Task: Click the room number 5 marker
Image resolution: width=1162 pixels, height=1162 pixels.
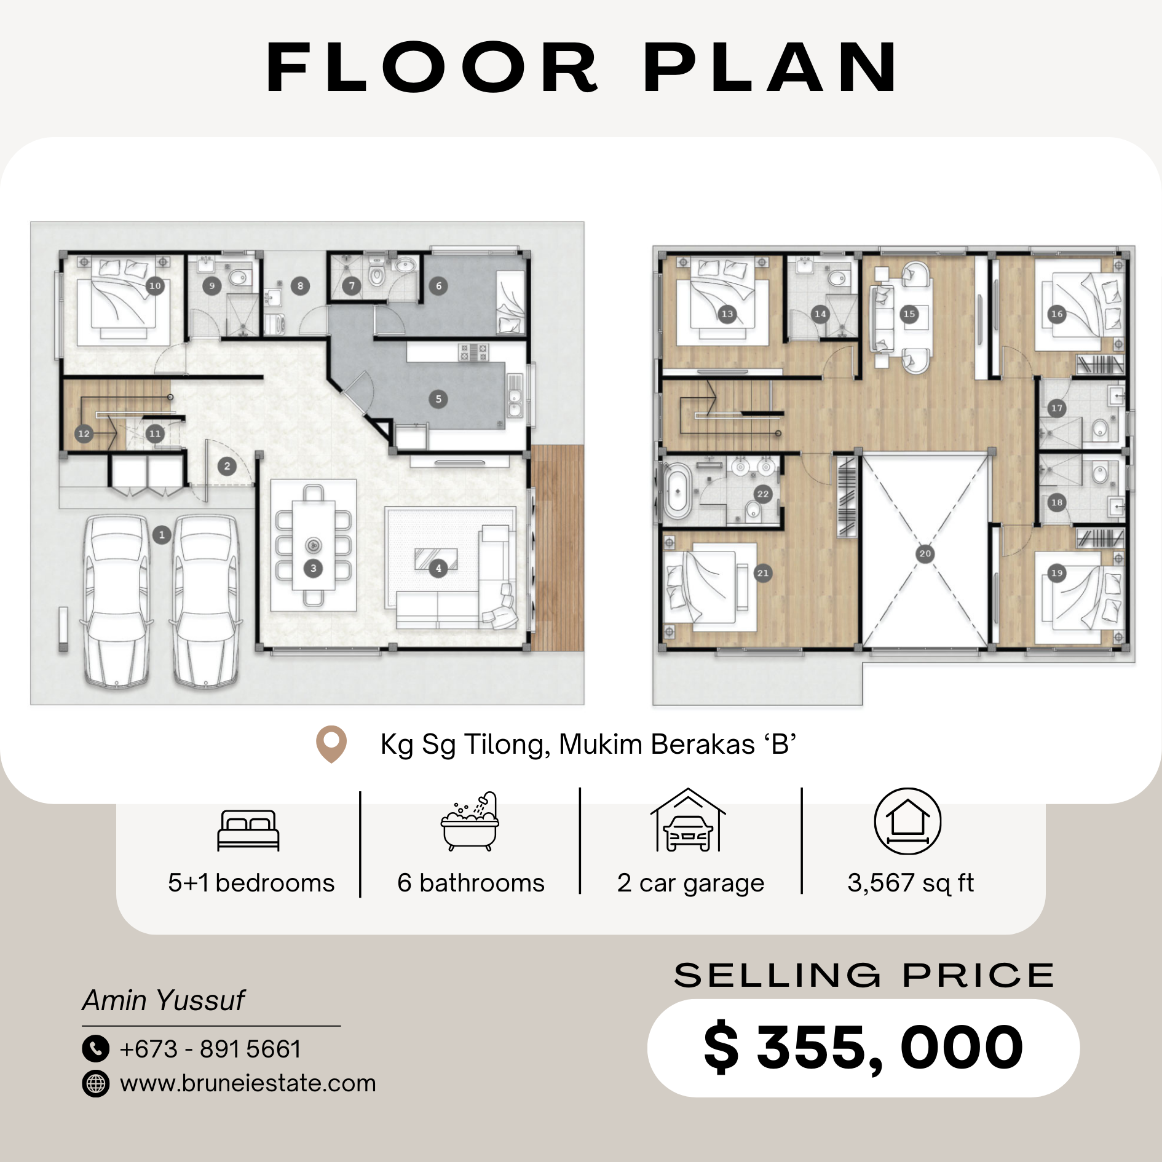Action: click(438, 399)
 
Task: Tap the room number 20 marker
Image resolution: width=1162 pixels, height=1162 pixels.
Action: click(925, 553)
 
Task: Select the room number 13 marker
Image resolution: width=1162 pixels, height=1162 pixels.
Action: click(727, 314)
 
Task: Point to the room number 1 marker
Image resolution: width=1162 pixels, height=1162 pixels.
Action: click(162, 535)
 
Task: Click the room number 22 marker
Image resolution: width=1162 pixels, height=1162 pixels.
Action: click(763, 494)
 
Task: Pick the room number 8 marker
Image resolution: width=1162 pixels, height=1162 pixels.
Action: click(300, 286)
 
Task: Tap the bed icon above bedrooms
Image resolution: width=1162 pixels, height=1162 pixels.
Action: click(248, 831)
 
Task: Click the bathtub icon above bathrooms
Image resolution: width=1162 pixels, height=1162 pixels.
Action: click(470, 821)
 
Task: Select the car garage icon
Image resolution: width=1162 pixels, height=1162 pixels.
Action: click(688, 820)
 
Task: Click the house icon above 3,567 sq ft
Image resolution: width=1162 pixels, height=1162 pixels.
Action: click(907, 821)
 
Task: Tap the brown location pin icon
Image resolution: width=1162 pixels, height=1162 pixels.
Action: click(331, 745)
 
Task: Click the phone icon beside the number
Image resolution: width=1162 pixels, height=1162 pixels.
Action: click(96, 1049)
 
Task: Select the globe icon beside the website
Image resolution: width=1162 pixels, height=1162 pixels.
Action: click(96, 1083)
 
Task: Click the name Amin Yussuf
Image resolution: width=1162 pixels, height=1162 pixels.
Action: click(164, 1000)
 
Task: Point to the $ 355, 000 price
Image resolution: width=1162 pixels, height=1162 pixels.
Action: click(864, 1048)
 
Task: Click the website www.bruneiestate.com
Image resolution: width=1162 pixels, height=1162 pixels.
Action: click(248, 1083)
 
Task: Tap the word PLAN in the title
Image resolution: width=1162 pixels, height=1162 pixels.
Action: click(771, 68)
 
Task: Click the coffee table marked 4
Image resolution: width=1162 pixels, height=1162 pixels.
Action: click(436, 559)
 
